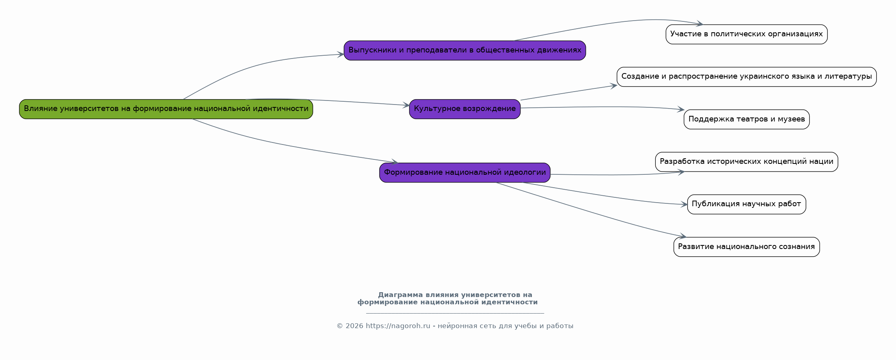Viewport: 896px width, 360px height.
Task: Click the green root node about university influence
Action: click(166, 109)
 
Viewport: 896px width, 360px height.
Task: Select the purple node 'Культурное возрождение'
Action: click(465, 109)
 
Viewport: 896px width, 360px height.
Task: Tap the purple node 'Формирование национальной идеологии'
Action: click(465, 173)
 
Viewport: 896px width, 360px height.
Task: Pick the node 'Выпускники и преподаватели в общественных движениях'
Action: click(465, 50)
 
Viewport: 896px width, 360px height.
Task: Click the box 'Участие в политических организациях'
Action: click(747, 34)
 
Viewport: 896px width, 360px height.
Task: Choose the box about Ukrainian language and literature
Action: click(747, 77)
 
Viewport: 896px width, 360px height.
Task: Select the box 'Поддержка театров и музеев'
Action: click(747, 119)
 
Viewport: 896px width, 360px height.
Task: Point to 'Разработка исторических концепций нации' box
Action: click(747, 162)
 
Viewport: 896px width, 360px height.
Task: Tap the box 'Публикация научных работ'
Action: click(747, 204)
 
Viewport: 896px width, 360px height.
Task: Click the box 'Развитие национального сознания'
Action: click(747, 247)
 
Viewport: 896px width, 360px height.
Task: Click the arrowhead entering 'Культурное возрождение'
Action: click(406, 105)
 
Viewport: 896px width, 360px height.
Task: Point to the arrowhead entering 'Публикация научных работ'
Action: click(684, 205)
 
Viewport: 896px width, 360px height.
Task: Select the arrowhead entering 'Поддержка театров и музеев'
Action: click(681, 109)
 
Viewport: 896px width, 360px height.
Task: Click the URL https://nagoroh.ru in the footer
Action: click(398, 326)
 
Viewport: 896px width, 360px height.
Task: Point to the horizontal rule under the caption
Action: click(455, 313)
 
